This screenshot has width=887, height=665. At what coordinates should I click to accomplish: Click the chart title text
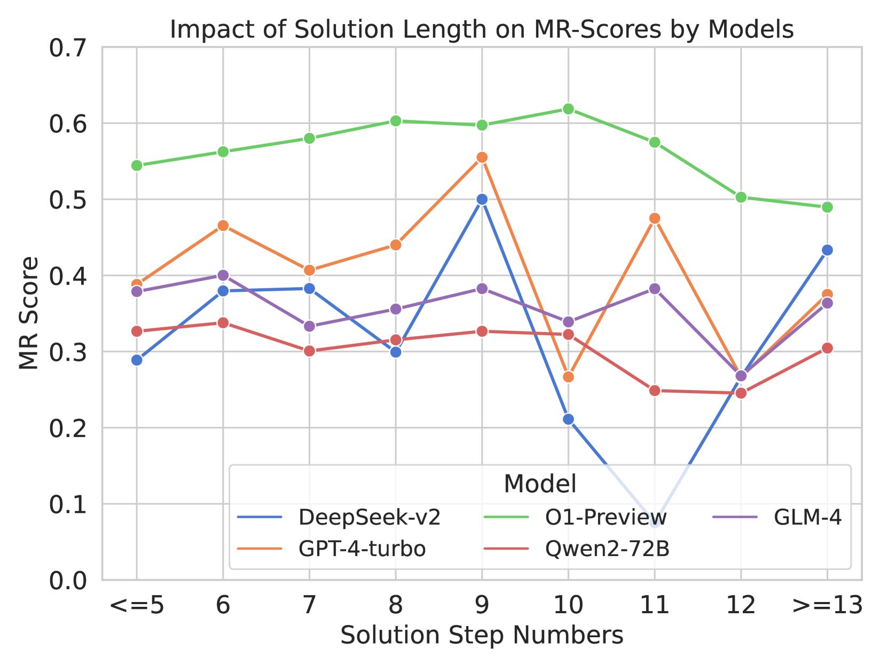tap(482, 29)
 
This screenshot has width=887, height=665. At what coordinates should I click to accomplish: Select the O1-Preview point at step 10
tap(568, 109)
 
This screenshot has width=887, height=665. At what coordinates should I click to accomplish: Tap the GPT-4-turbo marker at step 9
tap(482, 157)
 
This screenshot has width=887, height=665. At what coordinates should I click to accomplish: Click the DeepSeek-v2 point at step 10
tap(568, 419)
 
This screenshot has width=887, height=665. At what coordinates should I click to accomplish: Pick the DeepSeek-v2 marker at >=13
tap(827, 250)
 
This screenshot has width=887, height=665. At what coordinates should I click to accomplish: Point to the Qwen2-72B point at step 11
tap(655, 391)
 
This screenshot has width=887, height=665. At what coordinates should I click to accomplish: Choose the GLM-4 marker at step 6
tap(223, 275)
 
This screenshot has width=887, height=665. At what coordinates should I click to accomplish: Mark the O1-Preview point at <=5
tap(137, 165)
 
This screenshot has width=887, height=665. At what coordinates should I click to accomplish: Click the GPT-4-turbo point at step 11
tap(655, 219)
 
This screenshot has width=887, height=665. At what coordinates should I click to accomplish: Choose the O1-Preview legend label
tap(606, 518)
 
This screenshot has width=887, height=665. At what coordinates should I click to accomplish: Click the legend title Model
tap(540, 484)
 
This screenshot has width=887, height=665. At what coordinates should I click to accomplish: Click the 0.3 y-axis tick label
tap(67, 352)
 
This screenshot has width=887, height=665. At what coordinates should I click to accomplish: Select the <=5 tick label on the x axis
tap(137, 605)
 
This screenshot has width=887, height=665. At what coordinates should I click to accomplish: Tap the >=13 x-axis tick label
tap(827, 605)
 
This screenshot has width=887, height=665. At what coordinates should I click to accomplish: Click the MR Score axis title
tap(29, 313)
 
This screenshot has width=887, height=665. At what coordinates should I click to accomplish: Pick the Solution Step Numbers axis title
tap(482, 636)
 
